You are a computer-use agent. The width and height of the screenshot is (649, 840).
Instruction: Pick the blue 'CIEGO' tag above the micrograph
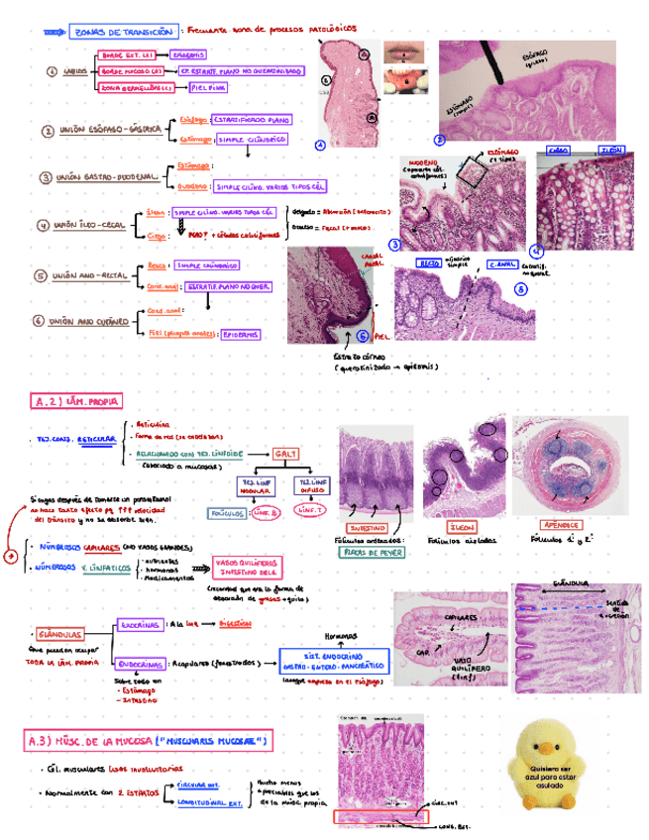point(559,152)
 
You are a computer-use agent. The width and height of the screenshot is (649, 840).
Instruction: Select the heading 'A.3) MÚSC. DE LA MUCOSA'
point(148,741)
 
